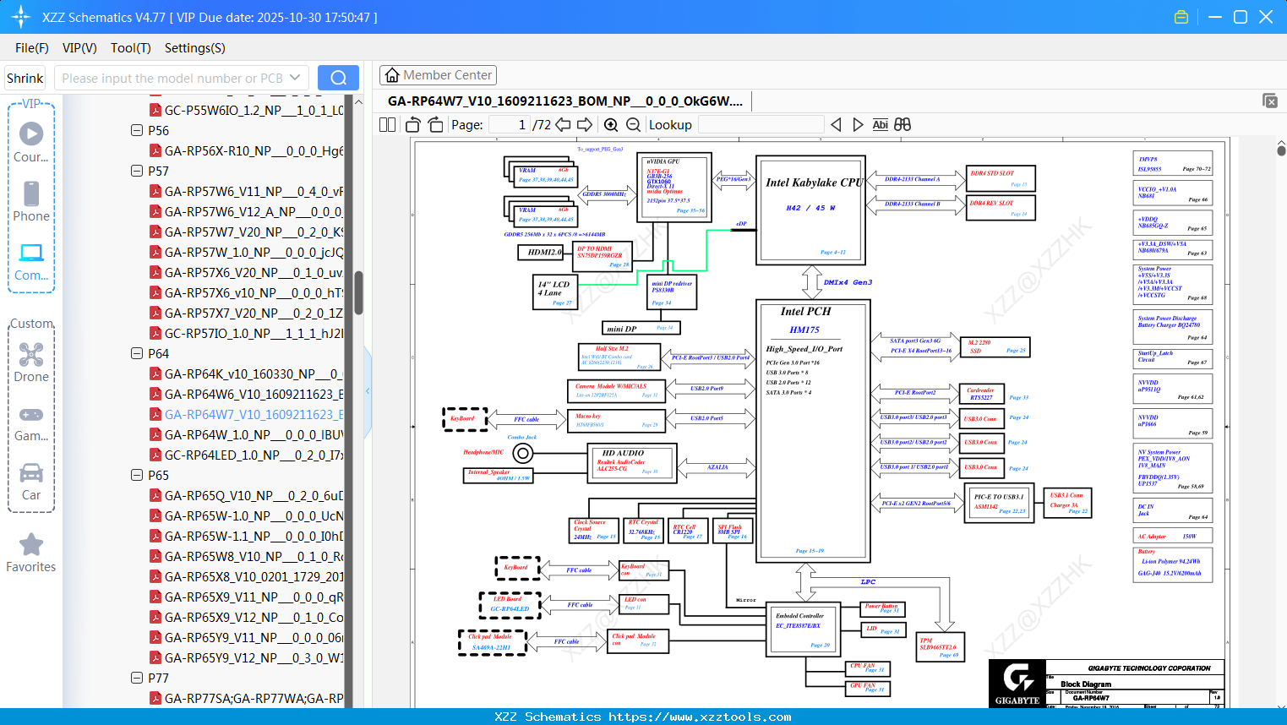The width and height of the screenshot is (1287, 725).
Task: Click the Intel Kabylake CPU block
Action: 811,208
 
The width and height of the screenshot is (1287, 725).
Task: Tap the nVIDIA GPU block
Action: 674,186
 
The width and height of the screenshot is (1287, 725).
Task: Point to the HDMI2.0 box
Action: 543,252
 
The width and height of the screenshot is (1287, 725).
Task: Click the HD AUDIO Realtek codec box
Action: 633,462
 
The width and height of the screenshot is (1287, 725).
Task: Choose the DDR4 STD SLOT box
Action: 1000,178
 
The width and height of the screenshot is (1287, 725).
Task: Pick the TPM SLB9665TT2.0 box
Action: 940,647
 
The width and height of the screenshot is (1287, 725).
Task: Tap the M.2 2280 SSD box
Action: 994,346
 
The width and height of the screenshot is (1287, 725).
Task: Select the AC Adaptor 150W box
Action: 1173,536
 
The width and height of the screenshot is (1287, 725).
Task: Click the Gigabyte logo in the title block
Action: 1017,682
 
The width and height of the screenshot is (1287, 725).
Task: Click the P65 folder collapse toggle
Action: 137,475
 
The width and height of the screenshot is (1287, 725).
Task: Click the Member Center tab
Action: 438,75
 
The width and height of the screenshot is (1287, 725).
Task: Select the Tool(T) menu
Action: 130,48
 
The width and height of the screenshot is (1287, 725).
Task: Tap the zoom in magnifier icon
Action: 611,125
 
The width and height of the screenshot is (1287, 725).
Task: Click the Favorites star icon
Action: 31,545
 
